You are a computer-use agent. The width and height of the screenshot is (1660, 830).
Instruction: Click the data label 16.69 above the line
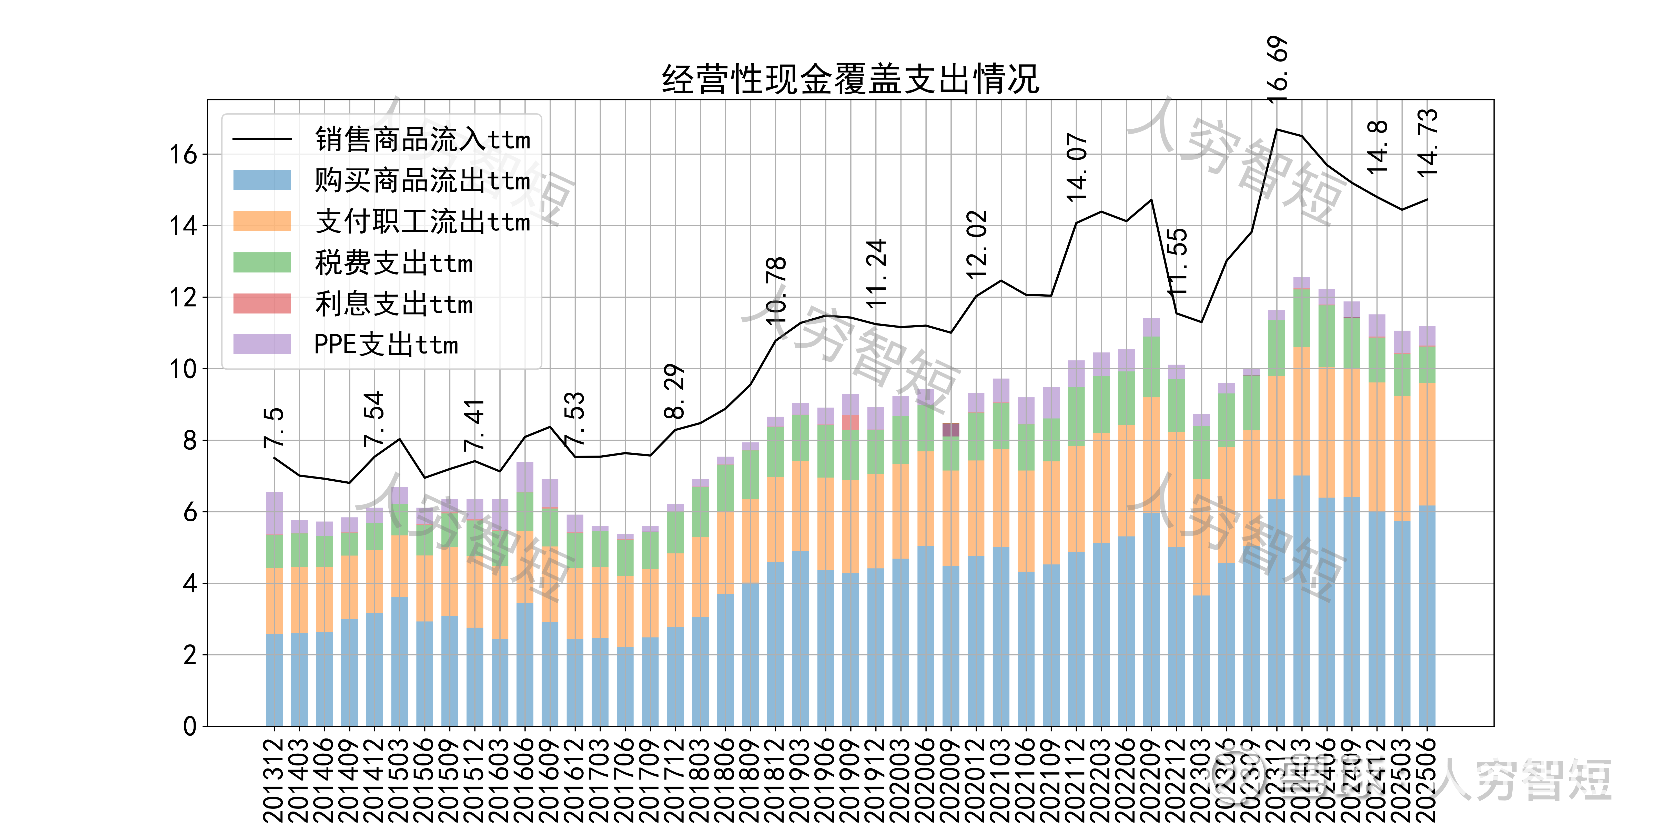[x=1277, y=70]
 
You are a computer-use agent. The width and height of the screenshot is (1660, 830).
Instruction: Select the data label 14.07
[x=1077, y=168]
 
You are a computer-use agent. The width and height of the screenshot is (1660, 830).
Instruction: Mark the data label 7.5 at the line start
[x=274, y=427]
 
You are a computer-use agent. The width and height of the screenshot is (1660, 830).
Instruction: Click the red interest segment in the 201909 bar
[x=851, y=422]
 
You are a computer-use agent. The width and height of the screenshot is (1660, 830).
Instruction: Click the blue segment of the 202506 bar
[x=1427, y=615]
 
